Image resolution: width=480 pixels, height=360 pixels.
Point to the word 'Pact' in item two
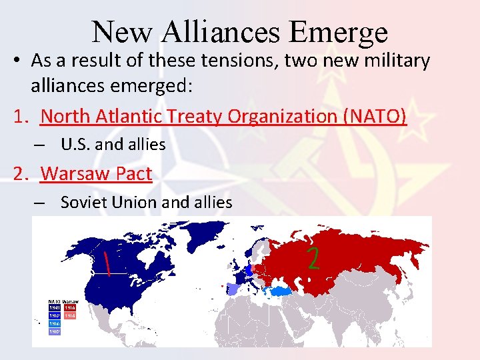coord(134,173)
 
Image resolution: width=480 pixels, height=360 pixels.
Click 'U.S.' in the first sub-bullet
coord(74,144)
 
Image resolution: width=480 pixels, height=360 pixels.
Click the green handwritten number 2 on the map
coord(313,257)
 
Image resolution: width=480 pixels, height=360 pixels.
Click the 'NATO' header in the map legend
coord(54,301)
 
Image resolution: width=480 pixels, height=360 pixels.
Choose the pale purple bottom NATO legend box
coord(54,331)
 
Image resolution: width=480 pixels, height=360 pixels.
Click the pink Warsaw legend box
coord(70,316)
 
